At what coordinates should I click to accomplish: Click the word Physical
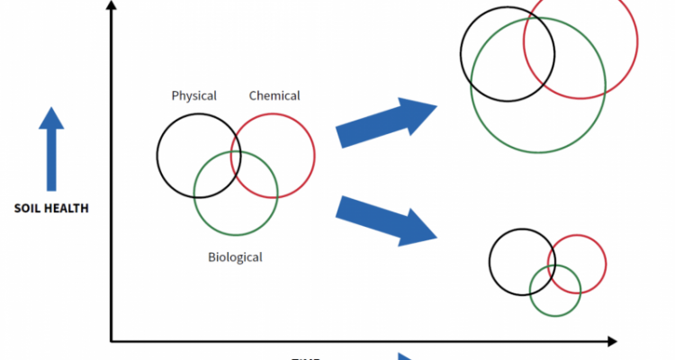coord(194,96)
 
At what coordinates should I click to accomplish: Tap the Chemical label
coord(274,95)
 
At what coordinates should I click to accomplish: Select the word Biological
coord(235,257)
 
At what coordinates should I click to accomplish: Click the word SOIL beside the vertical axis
coord(30,209)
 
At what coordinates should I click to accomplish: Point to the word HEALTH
coord(68,209)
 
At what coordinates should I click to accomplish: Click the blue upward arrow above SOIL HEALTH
coord(52,148)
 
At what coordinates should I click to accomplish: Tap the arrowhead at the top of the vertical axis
coord(111,8)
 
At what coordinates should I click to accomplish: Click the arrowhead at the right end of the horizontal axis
coord(612,341)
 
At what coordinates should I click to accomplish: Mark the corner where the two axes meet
coord(111,341)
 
